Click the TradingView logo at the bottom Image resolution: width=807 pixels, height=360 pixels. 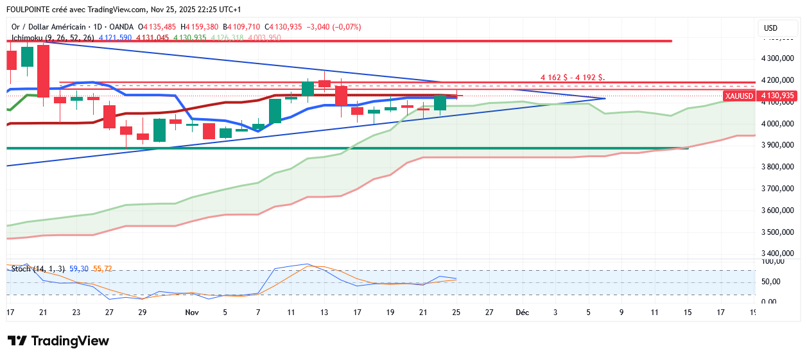(x=58, y=341)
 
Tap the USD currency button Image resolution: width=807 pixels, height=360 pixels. (x=770, y=28)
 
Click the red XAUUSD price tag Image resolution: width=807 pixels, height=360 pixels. (x=738, y=96)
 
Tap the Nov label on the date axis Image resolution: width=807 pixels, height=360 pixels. (x=191, y=313)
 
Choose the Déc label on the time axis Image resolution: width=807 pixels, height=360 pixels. (x=522, y=313)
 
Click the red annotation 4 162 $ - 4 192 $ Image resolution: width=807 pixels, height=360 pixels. (x=572, y=77)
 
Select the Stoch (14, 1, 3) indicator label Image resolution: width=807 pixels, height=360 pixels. (x=39, y=269)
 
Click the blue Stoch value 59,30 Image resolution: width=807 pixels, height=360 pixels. (x=79, y=269)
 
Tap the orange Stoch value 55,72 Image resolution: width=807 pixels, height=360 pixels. (x=103, y=269)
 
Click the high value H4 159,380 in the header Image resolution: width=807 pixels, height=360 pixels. (x=199, y=27)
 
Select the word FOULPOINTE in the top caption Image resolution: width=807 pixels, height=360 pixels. (x=30, y=10)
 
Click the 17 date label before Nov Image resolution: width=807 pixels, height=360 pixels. (x=10, y=313)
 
